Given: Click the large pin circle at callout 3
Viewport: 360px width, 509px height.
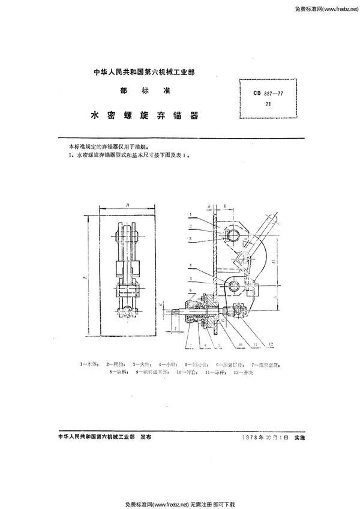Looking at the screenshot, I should pos(234,234).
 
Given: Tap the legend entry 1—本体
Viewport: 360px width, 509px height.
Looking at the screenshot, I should pos(88,364).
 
